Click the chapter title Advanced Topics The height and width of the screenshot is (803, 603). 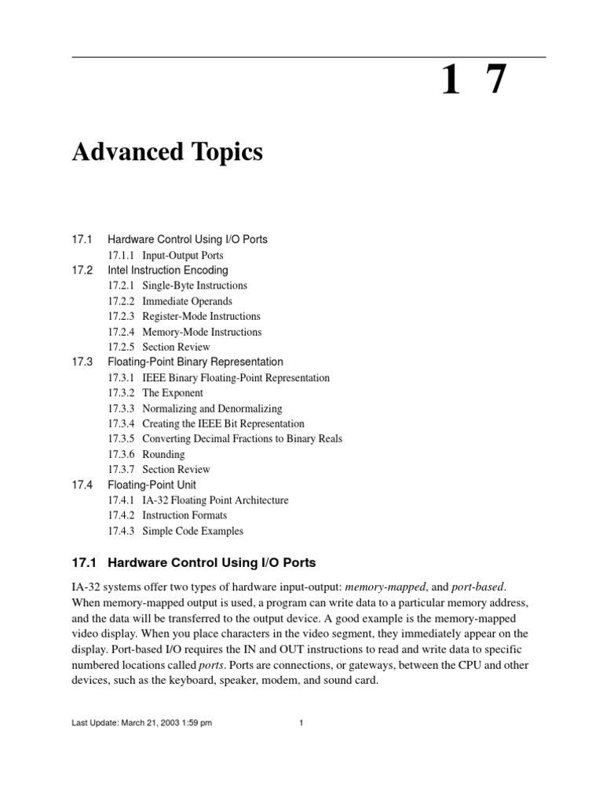pyautogui.click(x=167, y=152)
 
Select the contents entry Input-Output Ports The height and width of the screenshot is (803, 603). pyautogui.click(x=183, y=255)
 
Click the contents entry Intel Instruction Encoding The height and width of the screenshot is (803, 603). pyautogui.click(x=167, y=271)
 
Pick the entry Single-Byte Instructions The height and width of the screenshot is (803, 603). pyautogui.click(x=195, y=285)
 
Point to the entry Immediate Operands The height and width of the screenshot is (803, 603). pyautogui.click(x=187, y=301)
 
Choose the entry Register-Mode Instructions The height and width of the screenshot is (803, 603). pyautogui.click(x=201, y=316)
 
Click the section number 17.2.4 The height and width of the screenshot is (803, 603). pyautogui.click(x=121, y=332)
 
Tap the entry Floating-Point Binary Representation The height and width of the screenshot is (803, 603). pyautogui.click(x=195, y=362)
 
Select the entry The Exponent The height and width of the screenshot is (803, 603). pyautogui.click(x=172, y=393)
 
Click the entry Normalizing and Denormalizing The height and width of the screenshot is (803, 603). pyautogui.click(x=212, y=409)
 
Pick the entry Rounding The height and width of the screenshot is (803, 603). pyautogui.click(x=163, y=454)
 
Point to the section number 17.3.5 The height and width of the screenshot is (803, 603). pyautogui.click(x=121, y=439)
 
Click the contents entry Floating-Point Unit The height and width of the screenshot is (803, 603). pyautogui.click(x=152, y=485)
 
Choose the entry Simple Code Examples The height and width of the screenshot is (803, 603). pyautogui.click(x=192, y=531)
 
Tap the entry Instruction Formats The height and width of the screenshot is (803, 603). pyautogui.click(x=185, y=515)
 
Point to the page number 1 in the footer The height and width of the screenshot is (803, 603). pyautogui.click(x=301, y=724)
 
